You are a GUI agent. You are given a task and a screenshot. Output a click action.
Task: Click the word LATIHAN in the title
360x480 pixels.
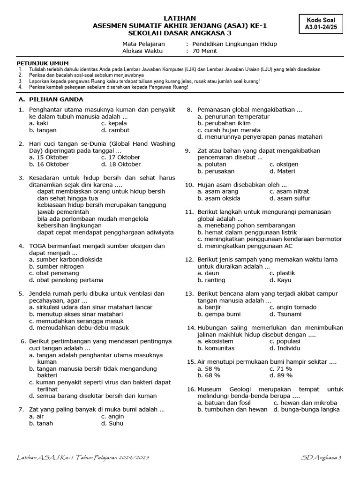(180, 18)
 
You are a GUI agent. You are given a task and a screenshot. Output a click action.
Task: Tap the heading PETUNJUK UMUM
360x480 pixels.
(43, 63)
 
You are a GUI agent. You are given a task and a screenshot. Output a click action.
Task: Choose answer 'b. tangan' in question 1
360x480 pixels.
(43, 130)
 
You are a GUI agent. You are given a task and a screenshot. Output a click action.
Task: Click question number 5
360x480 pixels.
(21, 293)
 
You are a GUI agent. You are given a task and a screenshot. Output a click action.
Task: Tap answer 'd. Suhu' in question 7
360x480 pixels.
(112, 423)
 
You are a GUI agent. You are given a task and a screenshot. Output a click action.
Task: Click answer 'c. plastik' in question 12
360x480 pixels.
(282, 273)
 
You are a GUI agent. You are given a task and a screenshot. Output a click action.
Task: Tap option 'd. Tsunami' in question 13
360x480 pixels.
(285, 314)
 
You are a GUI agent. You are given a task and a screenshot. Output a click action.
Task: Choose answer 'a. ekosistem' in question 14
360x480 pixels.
(216, 341)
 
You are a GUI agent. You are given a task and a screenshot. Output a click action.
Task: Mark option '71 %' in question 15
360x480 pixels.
(281, 369)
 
